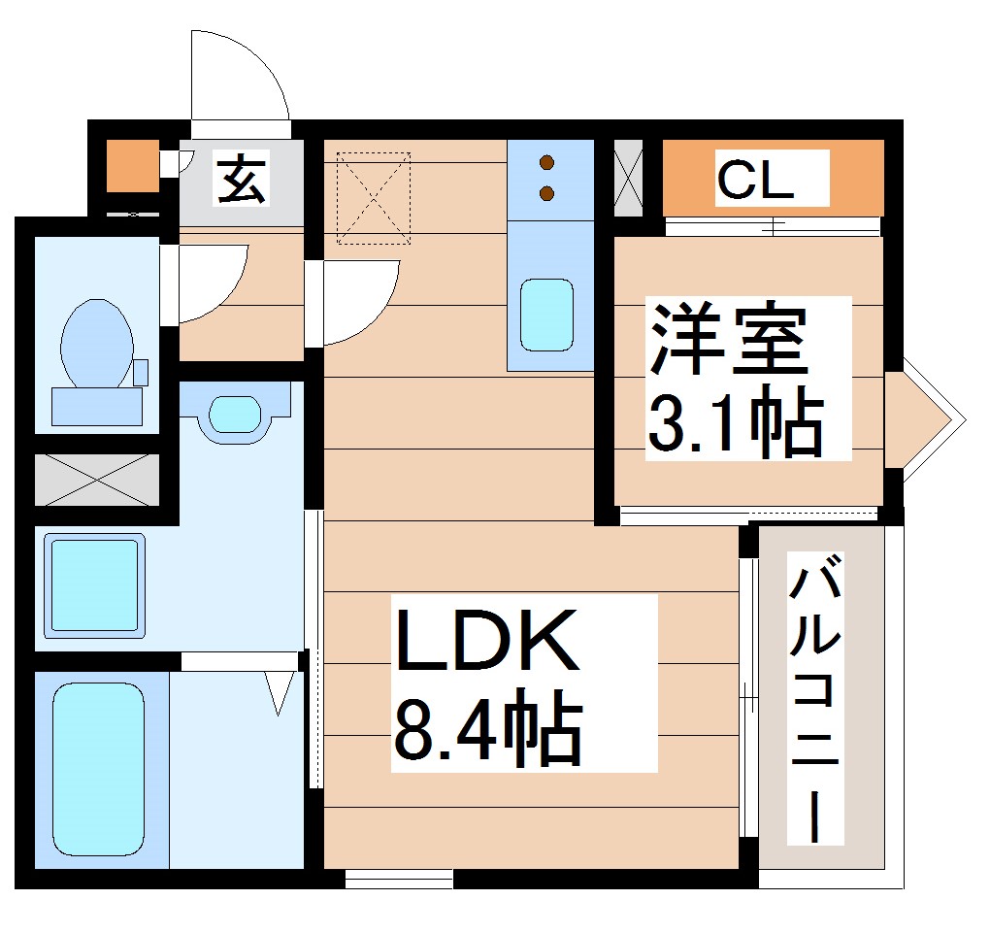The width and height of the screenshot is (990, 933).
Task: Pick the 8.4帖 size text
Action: [x=487, y=726]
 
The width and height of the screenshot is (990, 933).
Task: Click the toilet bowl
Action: [x=96, y=346]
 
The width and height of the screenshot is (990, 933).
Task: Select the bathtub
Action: [x=98, y=766]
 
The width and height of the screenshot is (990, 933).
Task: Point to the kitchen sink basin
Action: [x=545, y=315]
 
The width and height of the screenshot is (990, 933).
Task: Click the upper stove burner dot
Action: [x=547, y=162]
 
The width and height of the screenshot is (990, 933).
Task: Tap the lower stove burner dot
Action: [x=547, y=194]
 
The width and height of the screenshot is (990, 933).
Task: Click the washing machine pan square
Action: [x=94, y=586]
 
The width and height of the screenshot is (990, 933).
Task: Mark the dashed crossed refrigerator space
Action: [x=374, y=197]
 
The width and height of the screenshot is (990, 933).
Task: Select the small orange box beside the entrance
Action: [x=132, y=166]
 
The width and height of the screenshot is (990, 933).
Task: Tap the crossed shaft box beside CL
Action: [x=629, y=179]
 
